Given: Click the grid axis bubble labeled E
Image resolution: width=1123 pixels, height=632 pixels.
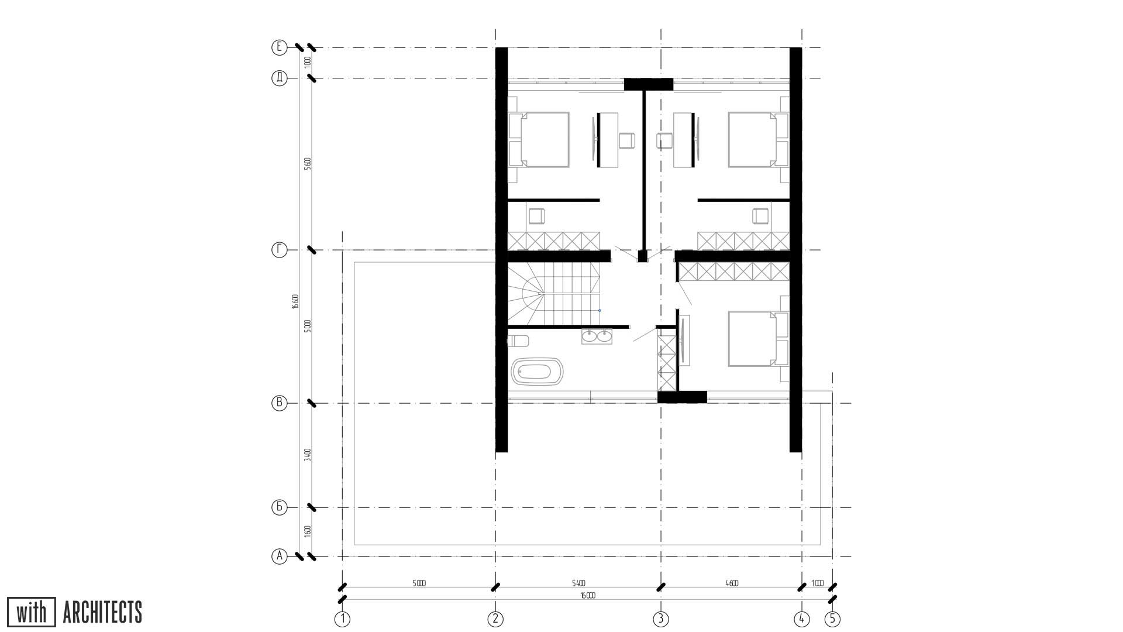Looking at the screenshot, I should pos(280,47).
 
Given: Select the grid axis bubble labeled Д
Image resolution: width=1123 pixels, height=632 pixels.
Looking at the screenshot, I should pos(280,78).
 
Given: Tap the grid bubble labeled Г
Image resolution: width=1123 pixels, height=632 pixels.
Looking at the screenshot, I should pos(280,250).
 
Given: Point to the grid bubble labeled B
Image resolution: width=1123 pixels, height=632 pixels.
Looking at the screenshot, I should pos(280,403).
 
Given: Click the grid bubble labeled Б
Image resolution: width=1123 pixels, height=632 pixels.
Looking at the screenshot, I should pos(280,507).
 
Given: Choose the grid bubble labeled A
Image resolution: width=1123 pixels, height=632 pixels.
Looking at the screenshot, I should pos(280,557).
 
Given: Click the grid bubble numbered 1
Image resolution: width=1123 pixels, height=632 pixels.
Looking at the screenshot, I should pos(342,619).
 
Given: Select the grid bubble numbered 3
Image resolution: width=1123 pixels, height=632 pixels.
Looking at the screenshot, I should pos(661,619).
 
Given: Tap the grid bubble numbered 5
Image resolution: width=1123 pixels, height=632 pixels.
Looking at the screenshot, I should pos(832,619).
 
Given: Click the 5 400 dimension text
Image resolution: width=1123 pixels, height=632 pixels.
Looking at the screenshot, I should pos(578,583).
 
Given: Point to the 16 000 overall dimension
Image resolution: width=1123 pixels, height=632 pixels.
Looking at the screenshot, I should pos(587,596).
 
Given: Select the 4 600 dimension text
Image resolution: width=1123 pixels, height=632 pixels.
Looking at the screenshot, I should pos(731,583).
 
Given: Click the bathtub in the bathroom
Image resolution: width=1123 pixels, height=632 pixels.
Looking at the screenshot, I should pos(539,372).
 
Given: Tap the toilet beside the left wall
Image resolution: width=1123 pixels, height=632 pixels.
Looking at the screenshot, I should pos(518,341).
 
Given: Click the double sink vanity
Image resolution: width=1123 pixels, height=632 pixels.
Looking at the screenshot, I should pos(597,337).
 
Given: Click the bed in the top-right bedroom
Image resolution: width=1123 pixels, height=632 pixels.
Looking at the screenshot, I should pos(753,140).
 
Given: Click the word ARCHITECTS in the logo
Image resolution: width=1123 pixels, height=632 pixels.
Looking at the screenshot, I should pos(102,613).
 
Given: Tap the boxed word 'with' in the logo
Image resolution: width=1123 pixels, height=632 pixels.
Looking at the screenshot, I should pos(32,613).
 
